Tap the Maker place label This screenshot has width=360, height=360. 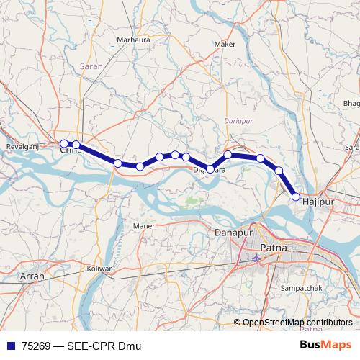click(225, 44)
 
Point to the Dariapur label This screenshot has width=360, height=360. click(240, 121)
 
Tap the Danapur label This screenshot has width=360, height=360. click(236, 233)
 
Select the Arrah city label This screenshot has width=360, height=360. click(32, 276)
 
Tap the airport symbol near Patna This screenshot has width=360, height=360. click(258, 256)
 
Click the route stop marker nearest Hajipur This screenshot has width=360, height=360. click(296, 196)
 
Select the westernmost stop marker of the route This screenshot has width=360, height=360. click(64, 143)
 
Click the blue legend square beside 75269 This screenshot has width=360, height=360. click(10, 346)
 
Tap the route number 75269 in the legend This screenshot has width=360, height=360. click(37, 346)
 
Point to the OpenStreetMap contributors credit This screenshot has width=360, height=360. click(297, 323)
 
